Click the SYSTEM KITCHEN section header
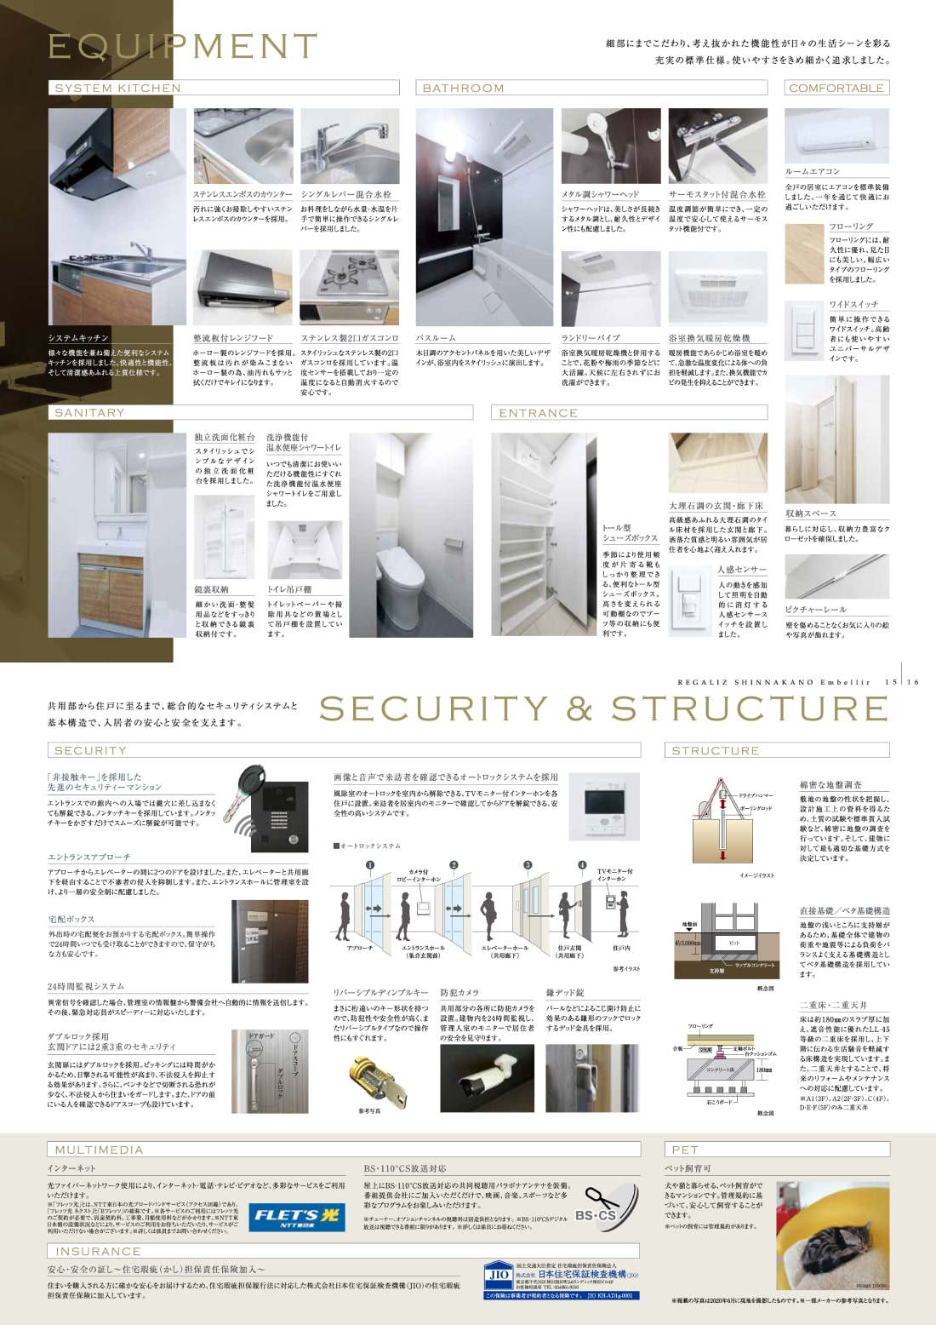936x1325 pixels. [x=117, y=88]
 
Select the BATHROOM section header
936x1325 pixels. [x=463, y=88]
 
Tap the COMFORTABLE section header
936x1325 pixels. [x=836, y=88]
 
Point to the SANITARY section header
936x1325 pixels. [x=89, y=412]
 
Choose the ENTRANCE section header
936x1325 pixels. [x=538, y=413]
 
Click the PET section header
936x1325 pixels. [x=685, y=1150]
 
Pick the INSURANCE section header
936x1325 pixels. [x=98, y=1251]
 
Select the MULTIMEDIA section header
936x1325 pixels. [x=99, y=1150]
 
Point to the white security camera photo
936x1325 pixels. [x=488, y=1077]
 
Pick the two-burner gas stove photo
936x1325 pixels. [x=349, y=287]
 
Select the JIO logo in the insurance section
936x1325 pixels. [x=499, y=1275]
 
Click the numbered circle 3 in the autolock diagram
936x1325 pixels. [x=528, y=865]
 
